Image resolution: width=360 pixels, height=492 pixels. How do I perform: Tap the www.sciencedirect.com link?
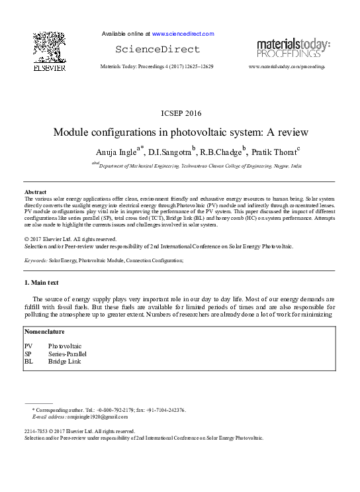pyautogui.click(x=183, y=34)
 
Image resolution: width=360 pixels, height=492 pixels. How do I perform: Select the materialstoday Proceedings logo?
pyautogui.click(x=293, y=48)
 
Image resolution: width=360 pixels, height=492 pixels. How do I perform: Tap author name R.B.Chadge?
pyautogui.click(x=221, y=152)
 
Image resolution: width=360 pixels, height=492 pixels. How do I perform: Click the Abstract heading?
pyautogui.click(x=36, y=192)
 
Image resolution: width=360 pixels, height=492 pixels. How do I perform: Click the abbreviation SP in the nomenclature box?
pyautogui.click(x=28, y=354)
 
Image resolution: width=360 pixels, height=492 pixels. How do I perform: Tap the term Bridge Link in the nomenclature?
pyautogui.click(x=65, y=362)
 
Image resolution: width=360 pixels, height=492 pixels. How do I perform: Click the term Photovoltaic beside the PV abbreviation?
pyautogui.click(x=65, y=346)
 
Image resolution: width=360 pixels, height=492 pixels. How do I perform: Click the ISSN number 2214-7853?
pyautogui.click(x=36, y=432)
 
